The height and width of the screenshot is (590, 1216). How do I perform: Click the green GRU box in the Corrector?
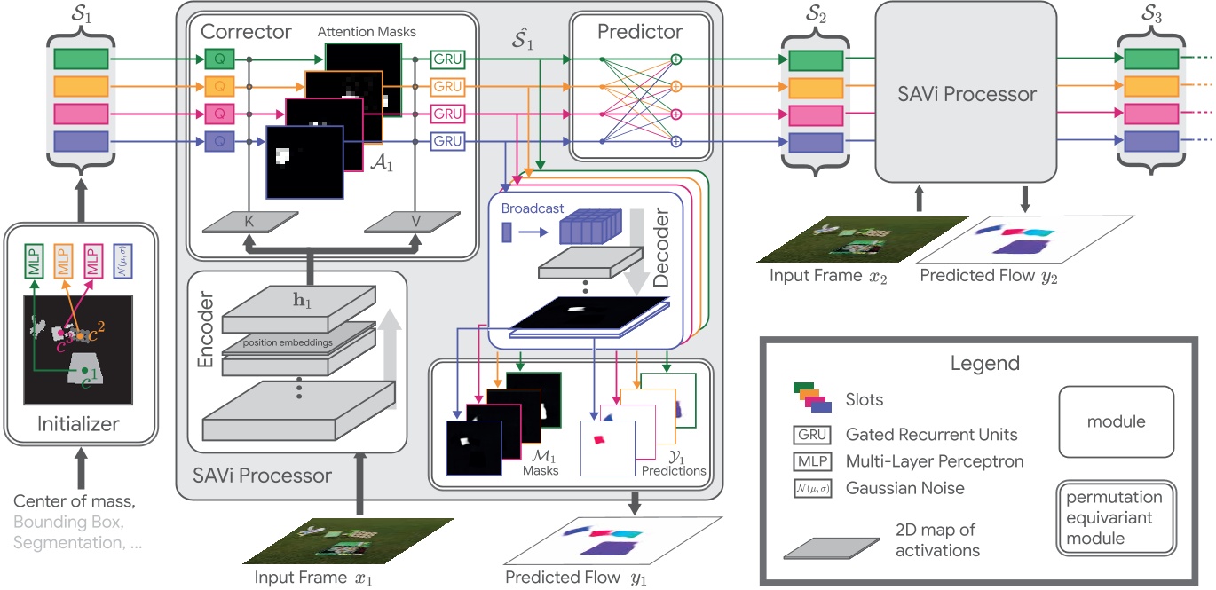pos(447,59)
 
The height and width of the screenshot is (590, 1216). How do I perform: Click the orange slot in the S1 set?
pos(82,86)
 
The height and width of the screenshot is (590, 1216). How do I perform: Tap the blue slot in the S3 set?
pos(1151,141)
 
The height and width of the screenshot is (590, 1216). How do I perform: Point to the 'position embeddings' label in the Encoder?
pos(296,341)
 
